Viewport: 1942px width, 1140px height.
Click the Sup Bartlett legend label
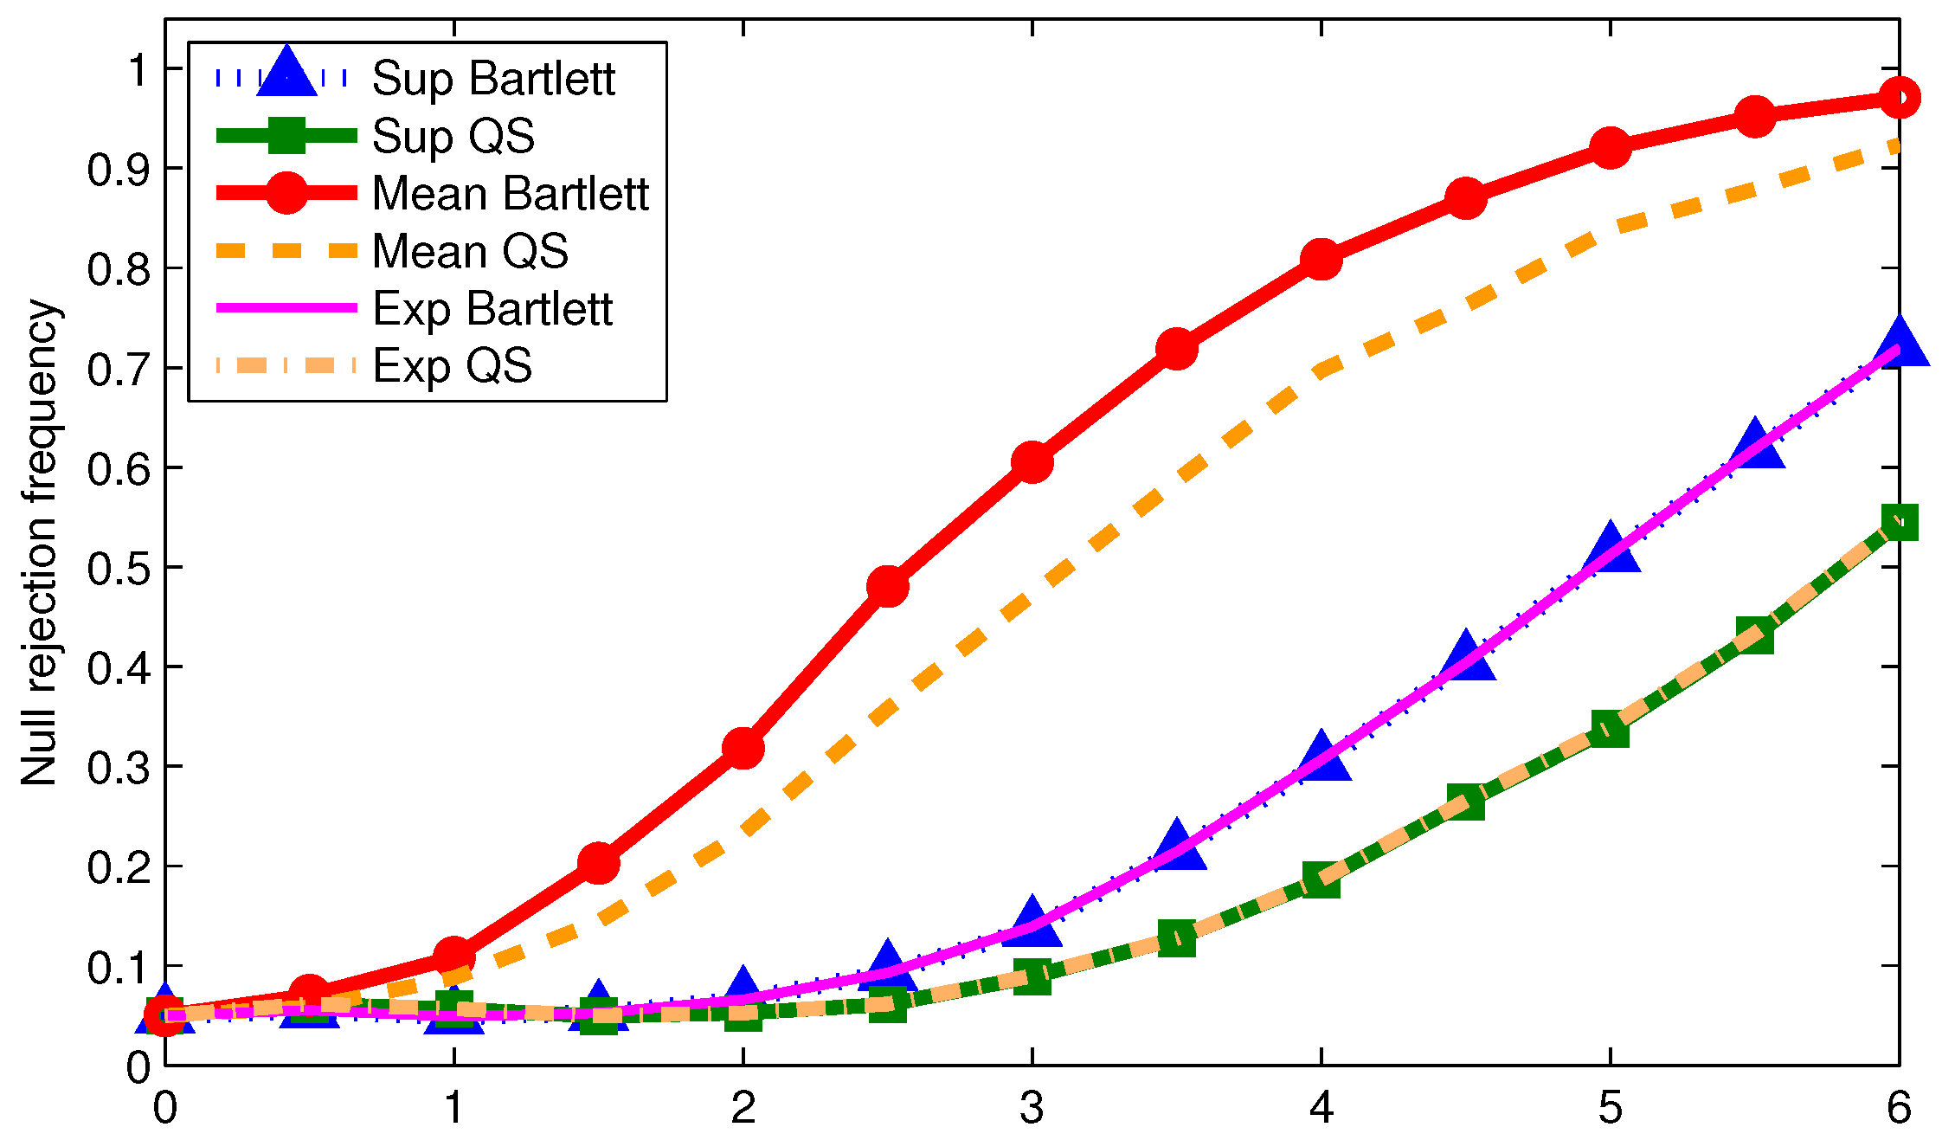493,79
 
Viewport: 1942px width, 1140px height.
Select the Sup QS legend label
453,136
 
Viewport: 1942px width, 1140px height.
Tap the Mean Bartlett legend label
510,193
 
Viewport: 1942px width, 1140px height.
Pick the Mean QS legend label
470,251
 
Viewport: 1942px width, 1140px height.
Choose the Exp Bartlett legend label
492,309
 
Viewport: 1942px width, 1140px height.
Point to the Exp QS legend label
452,366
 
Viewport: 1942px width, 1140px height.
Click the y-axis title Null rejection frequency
39,543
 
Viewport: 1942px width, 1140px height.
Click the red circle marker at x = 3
1032,462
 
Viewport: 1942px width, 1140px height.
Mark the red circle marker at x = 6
1899,98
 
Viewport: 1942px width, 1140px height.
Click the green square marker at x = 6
1899,522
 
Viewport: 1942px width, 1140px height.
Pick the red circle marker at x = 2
743,747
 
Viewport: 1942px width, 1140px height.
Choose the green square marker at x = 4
1321,880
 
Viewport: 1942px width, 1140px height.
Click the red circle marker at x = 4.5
1465,198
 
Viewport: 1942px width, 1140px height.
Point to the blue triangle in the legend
286,73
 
